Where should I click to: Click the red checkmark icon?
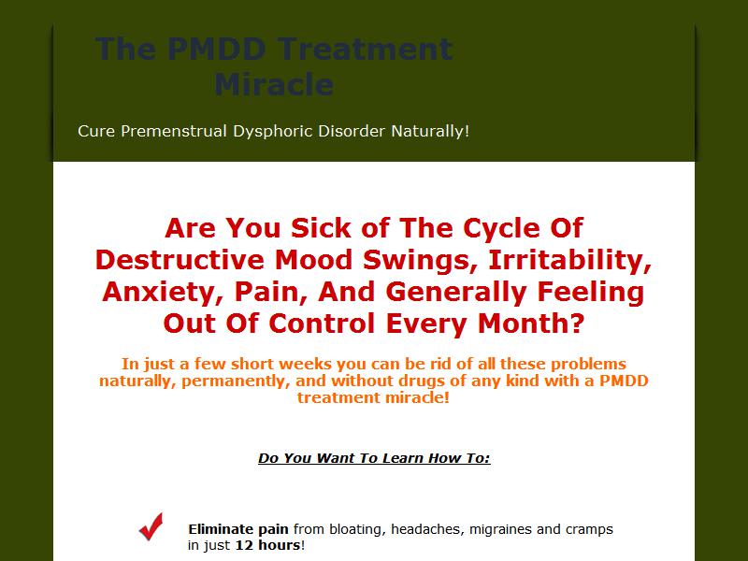tap(151, 526)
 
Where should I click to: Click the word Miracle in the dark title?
tap(274, 84)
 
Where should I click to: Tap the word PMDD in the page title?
tap(217, 49)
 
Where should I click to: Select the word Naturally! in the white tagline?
tap(430, 131)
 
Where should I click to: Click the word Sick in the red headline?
tap(321, 228)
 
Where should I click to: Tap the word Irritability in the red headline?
tap(570, 261)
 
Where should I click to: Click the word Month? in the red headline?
tap(531, 324)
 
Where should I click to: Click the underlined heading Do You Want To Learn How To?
tap(374, 458)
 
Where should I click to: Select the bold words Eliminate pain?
tap(238, 529)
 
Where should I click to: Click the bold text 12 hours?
tap(268, 545)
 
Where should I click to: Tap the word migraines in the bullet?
tap(500, 529)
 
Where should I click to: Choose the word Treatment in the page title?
tap(365, 49)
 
